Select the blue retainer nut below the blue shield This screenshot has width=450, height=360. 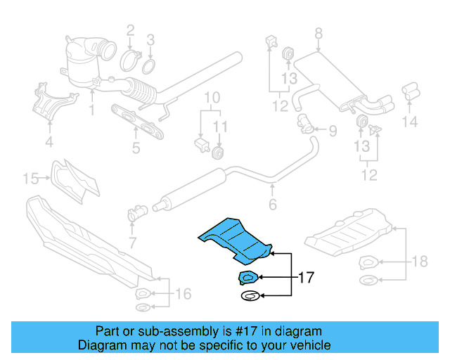[x=250, y=277]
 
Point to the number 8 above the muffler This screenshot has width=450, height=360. [x=318, y=32]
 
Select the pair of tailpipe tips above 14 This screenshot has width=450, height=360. [x=410, y=94]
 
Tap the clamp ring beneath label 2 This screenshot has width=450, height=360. [x=131, y=60]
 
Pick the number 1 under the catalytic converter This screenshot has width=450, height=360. [x=91, y=110]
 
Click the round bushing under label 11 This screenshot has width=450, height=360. [x=219, y=152]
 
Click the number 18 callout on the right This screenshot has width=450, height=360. [x=419, y=262]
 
